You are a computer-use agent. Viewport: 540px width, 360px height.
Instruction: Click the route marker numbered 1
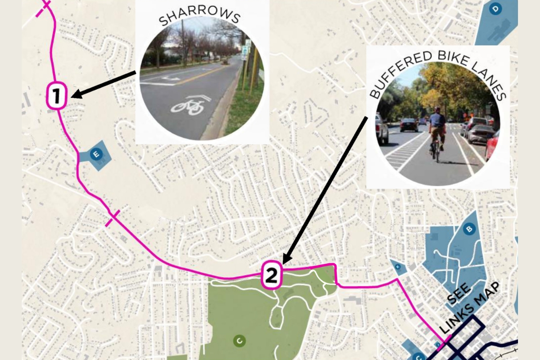pyautogui.click(x=57, y=95)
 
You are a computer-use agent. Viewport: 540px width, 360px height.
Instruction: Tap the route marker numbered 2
pyautogui.click(x=271, y=274)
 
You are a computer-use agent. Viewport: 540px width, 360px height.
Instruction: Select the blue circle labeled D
pyautogui.click(x=495, y=9)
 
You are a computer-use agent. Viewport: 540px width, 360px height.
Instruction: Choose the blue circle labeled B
pyautogui.click(x=469, y=229)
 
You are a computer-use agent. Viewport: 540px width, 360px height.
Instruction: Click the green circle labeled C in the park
pyautogui.click(x=239, y=341)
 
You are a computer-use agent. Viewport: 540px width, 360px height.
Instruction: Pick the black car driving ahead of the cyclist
pyautogui.click(x=409, y=125)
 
